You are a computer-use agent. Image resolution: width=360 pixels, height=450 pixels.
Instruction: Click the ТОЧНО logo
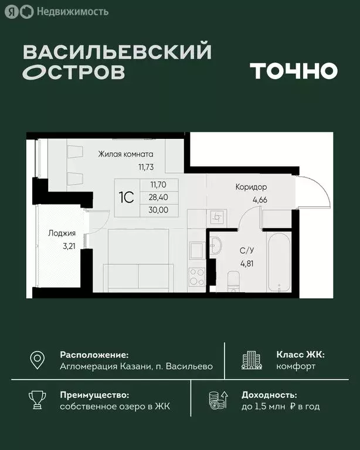[x=294, y=71]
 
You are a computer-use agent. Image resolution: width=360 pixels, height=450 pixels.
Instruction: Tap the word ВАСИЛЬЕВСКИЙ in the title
[x=117, y=53]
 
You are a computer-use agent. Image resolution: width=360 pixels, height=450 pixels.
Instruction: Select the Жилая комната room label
[x=125, y=155]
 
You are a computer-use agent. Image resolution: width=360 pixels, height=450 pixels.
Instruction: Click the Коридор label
[x=251, y=187]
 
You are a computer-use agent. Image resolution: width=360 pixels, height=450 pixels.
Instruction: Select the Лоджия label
[x=62, y=233]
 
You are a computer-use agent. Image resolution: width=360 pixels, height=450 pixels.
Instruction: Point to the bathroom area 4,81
[x=247, y=262]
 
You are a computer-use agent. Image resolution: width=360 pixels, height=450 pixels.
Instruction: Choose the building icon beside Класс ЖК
[x=252, y=360]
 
